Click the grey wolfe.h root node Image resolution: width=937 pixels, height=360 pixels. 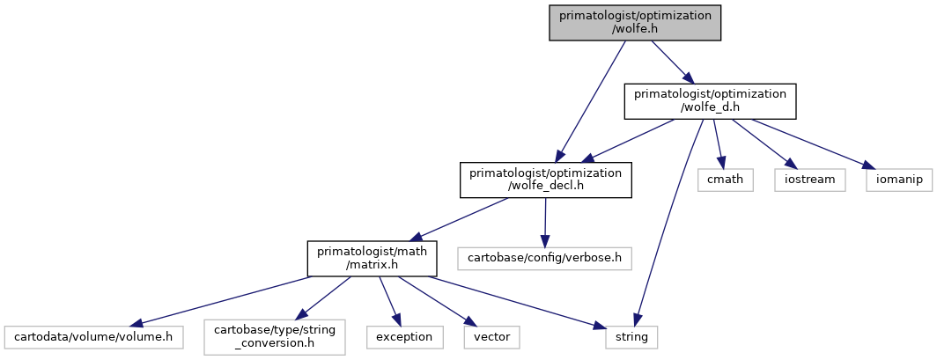click(x=635, y=23)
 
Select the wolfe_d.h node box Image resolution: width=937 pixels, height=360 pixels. click(x=711, y=101)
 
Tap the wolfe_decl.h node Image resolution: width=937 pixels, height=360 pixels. click(x=546, y=180)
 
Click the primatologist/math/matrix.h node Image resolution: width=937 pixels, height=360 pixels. click(x=373, y=259)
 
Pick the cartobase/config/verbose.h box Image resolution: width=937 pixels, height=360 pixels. click(x=545, y=259)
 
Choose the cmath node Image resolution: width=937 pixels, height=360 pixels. click(x=726, y=180)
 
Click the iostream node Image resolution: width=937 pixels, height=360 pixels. click(x=809, y=180)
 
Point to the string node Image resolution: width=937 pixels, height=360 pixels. click(x=631, y=337)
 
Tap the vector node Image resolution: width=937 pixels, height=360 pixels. click(x=491, y=337)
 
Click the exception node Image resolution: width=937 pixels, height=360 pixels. click(x=405, y=337)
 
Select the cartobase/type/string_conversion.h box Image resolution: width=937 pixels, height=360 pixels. click(x=275, y=337)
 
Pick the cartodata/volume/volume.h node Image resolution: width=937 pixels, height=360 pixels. click(x=93, y=337)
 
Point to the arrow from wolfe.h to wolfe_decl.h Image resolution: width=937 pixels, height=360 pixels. click(x=590, y=101)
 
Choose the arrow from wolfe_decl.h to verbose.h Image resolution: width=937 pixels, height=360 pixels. click(x=545, y=223)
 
